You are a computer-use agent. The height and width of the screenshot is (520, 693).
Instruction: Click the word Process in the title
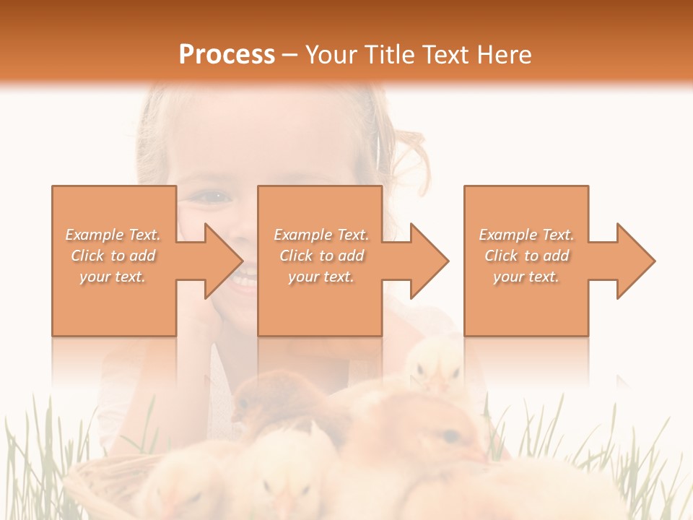[x=227, y=55]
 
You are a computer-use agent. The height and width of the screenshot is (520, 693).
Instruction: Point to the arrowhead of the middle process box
[x=429, y=261]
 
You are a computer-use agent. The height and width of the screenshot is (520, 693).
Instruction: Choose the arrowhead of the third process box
[x=635, y=261]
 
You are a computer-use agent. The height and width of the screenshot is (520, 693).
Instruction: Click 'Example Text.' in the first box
[x=113, y=235]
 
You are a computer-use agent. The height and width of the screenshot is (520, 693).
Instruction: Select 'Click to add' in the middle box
[x=321, y=256]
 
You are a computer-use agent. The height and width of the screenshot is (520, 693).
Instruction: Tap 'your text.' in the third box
[x=526, y=277]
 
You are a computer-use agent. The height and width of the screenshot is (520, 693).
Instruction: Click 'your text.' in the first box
[x=113, y=277]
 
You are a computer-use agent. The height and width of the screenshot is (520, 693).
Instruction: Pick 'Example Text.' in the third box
[x=526, y=235]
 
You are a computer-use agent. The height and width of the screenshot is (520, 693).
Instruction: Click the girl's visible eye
[x=214, y=196]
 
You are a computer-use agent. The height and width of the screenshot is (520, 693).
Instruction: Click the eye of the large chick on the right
[x=450, y=435]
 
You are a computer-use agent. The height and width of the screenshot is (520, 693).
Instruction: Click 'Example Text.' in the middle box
[x=321, y=235]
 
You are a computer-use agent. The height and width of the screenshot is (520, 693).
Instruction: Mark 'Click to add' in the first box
[x=113, y=256]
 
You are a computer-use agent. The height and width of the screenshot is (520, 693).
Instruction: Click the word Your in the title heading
[x=331, y=55]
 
